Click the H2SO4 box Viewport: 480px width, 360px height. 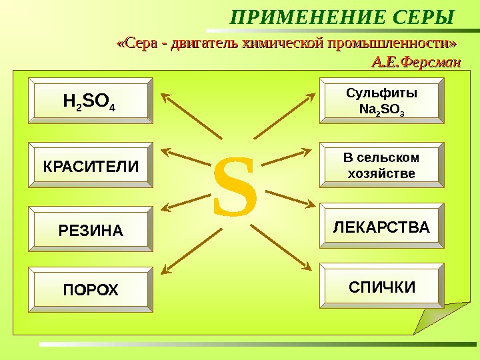tap(90, 101)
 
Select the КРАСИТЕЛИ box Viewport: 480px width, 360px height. tap(90, 165)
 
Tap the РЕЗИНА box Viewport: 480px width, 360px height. tap(90, 230)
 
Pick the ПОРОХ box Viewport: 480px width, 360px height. tap(90, 289)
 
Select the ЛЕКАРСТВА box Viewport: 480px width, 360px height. tap(381, 227)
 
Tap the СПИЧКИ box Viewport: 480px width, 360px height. tap(381, 287)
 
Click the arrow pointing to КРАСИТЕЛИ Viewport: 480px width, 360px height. tap(190, 161)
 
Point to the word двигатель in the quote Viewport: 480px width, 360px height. tap(204, 45)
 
